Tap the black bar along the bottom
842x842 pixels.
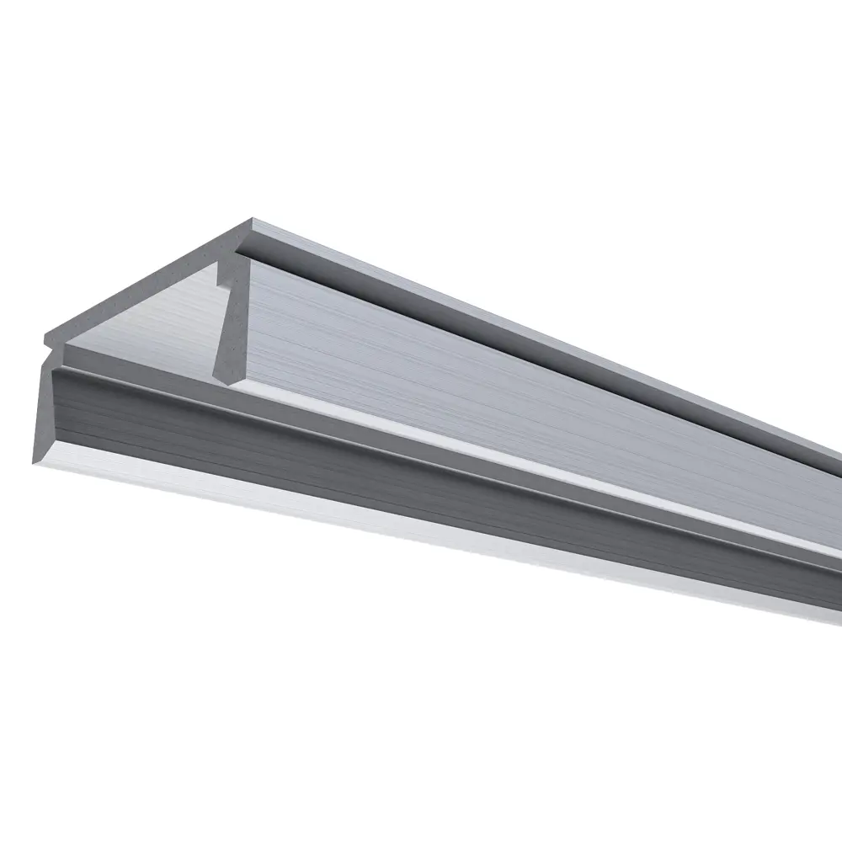421,804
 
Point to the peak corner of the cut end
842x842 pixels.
252,220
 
